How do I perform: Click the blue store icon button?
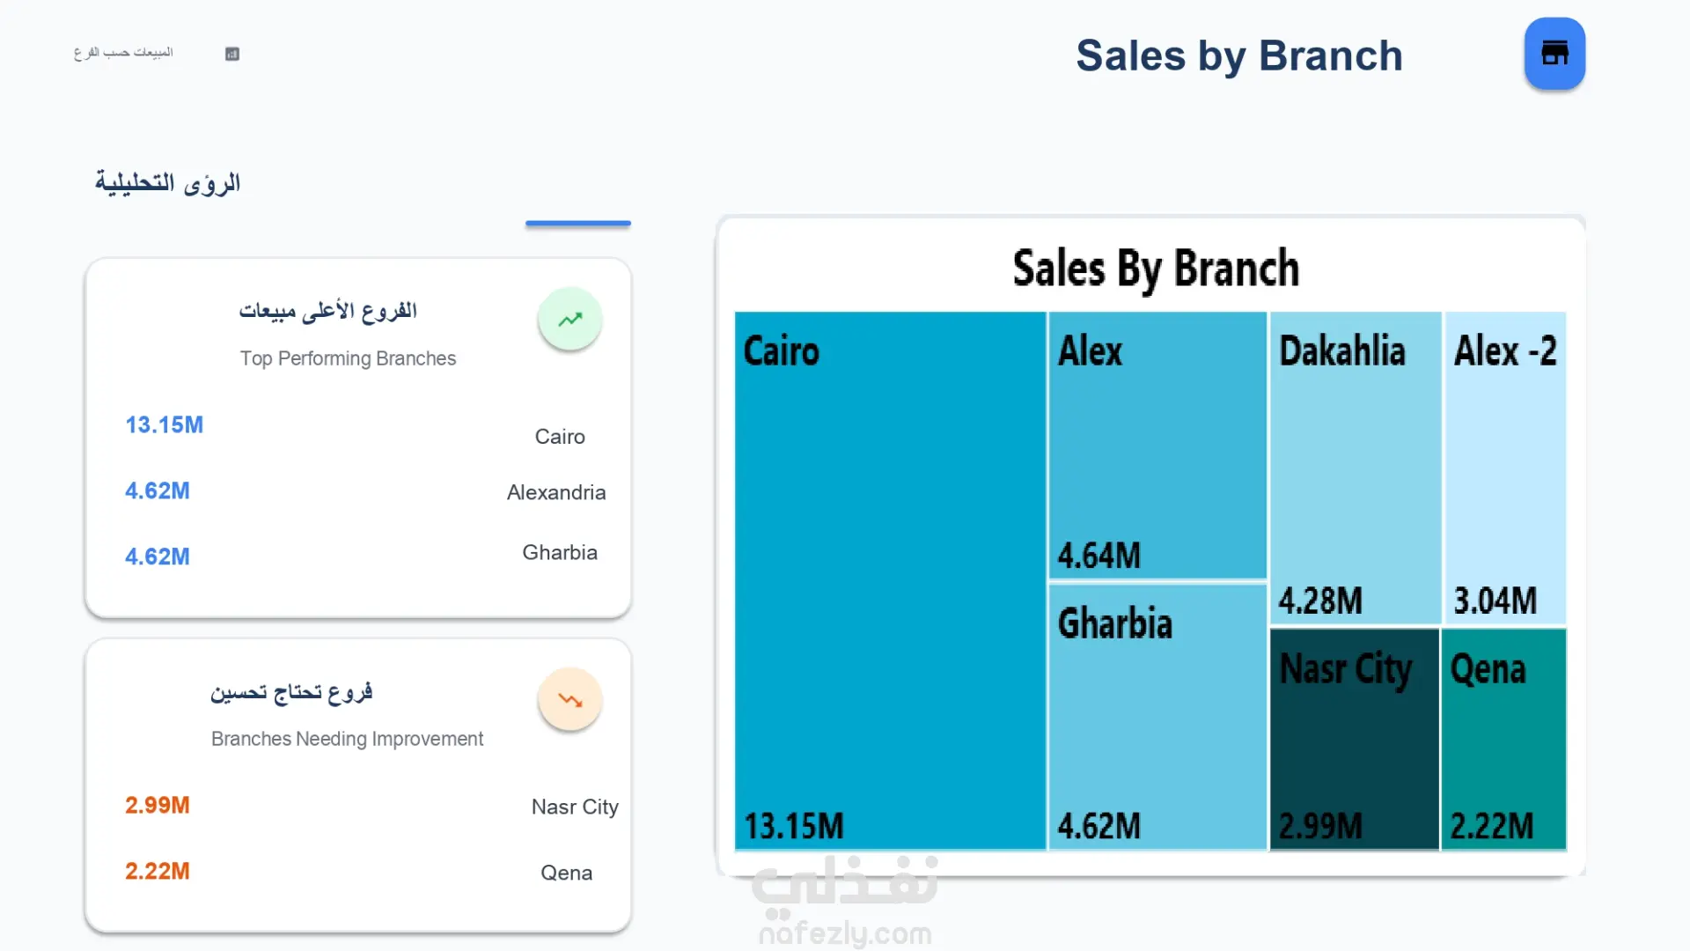[x=1554, y=54]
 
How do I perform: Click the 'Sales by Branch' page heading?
[x=1238, y=56]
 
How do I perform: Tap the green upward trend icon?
[x=570, y=319]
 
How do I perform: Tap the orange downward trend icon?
[x=570, y=700]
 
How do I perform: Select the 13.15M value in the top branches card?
[x=164, y=425]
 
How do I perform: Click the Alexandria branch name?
[x=556, y=492]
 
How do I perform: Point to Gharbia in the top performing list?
[x=560, y=552]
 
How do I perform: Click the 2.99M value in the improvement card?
[x=157, y=805]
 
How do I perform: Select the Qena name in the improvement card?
[x=566, y=873]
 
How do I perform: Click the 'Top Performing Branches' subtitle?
[x=348, y=358]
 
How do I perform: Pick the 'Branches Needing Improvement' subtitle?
[x=347, y=739]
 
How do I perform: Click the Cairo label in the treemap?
[x=781, y=351]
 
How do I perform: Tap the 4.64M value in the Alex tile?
[x=1098, y=556]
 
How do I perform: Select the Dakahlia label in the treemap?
[x=1341, y=351]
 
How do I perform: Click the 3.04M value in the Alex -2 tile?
[x=1495, y=601]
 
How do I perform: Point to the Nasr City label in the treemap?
[x=1345, y=669]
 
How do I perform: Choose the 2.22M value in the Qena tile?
[x=1491, y=826]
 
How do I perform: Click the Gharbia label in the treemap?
[x=1114, y=623]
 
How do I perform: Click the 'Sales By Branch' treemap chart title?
[x=1155, y=269]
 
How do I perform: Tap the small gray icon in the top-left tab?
[x=232, y=54]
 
